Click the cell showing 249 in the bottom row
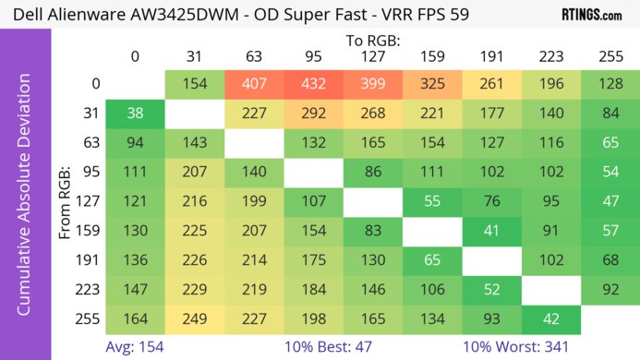(x=195, y=320)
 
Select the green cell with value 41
(x=491, y=232)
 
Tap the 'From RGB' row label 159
(x=88, y=232)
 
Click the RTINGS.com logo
(x=591, y=15)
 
